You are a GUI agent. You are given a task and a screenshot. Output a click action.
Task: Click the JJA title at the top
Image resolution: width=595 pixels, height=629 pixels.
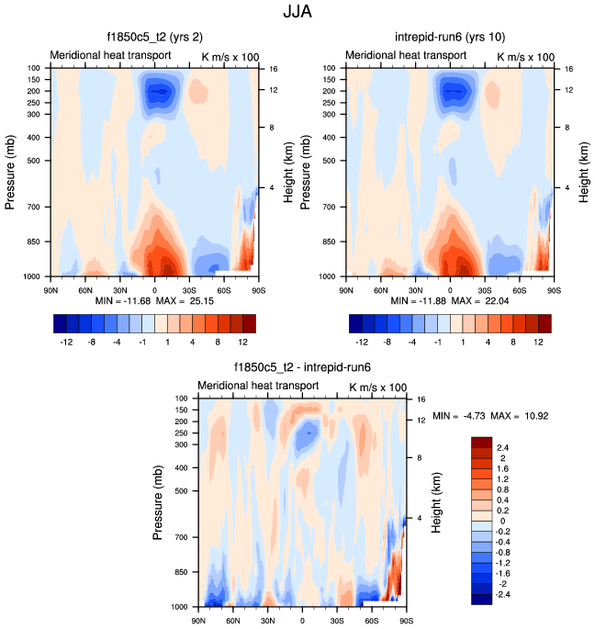point(297,15)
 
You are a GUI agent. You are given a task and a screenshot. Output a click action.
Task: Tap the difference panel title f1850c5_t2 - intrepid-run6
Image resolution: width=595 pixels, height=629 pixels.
point(302,371)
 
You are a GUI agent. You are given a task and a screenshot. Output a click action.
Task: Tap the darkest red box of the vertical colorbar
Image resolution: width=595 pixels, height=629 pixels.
point(483,443)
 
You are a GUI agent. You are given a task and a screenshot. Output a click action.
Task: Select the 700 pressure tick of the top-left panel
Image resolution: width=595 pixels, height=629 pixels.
point(36,208)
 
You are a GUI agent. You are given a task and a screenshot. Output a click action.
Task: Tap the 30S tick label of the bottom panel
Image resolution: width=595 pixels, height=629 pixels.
point(337,622)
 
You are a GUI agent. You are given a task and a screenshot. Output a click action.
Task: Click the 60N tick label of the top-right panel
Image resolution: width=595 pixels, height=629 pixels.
point(381,290)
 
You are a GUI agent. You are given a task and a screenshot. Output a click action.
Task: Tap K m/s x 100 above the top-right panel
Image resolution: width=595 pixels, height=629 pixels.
point(525,57)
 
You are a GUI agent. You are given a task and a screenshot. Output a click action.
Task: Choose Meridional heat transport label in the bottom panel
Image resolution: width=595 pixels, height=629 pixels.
point(258,386)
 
